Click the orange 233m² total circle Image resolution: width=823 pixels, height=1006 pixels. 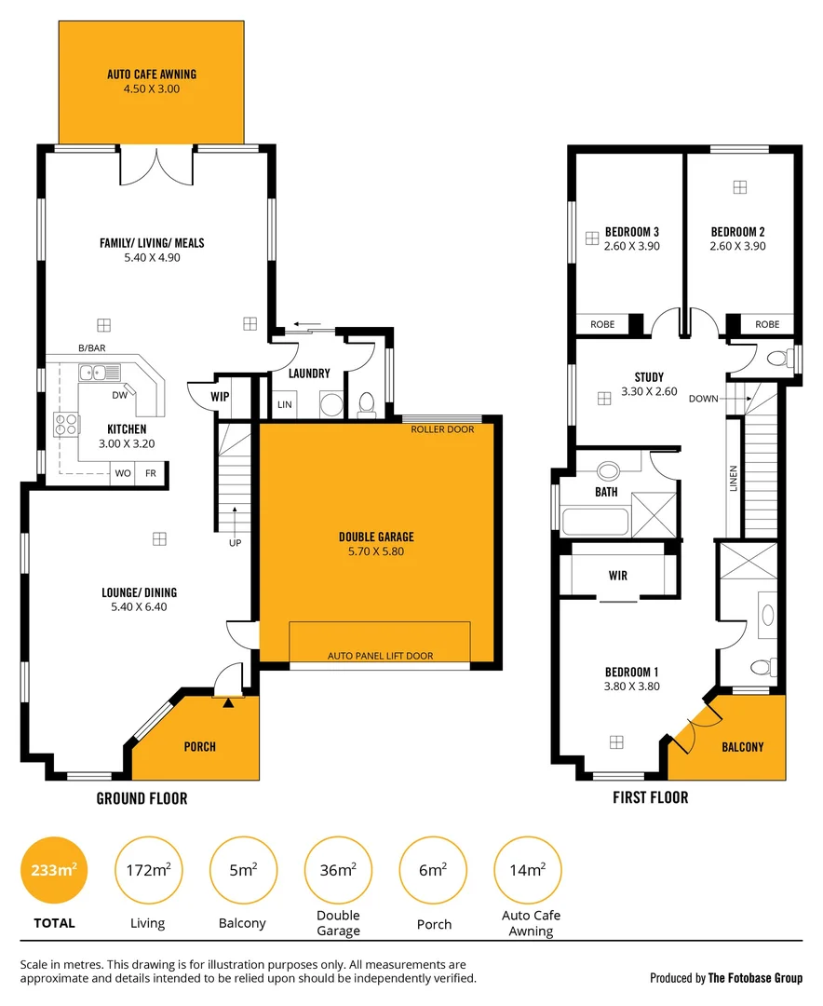tap(53, 871)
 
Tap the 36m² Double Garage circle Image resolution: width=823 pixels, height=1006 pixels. tap(338, 871)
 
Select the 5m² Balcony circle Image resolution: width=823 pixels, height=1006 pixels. tap(243, 871)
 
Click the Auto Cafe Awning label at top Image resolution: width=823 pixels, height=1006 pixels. tap(152, 75)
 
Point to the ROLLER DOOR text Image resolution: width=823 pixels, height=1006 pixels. tap(442, 429)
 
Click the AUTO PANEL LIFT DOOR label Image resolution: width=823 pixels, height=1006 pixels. tap(380, 656)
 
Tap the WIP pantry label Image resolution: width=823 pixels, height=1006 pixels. tap(220, 396)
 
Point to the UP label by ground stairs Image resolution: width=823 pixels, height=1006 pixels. tap(234, 541)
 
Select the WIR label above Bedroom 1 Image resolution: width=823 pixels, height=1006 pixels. tap(617, 576)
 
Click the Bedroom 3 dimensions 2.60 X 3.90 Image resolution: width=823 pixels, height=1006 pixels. tap(632, 247)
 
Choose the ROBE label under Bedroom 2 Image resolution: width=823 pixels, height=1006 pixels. tap(767, 324)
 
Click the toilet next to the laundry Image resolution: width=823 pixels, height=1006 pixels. tap(367, 402)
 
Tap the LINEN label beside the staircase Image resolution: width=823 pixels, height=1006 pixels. tap(734, 479)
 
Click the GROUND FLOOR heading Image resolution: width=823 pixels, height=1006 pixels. tap(142, 798)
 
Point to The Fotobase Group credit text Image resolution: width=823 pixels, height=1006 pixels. tap(726, 978)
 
